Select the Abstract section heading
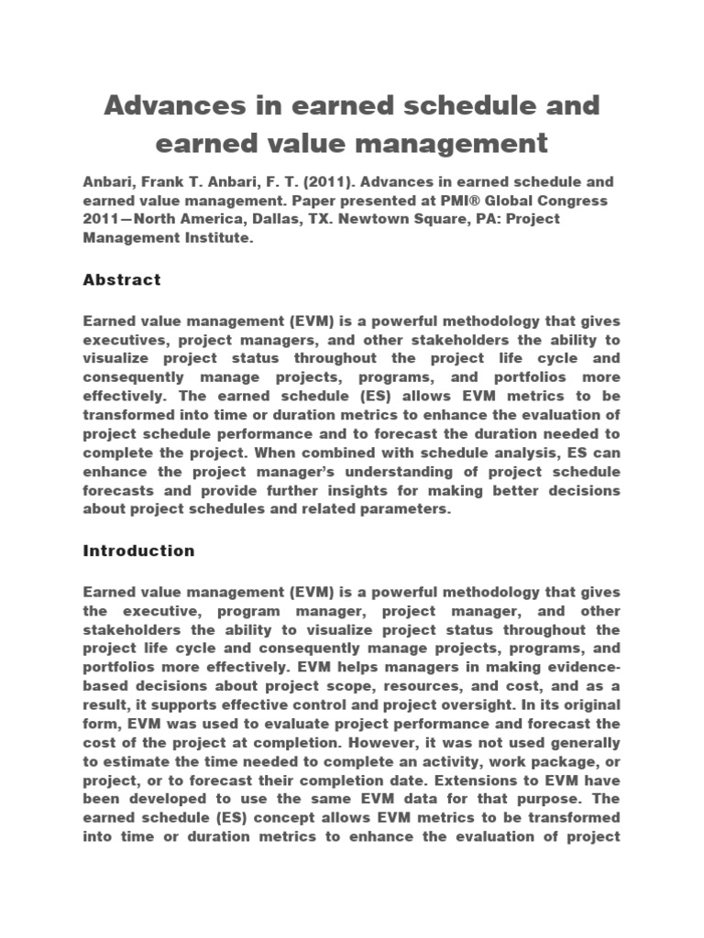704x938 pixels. pos(122,279)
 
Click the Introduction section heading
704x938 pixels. pos(138,551)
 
